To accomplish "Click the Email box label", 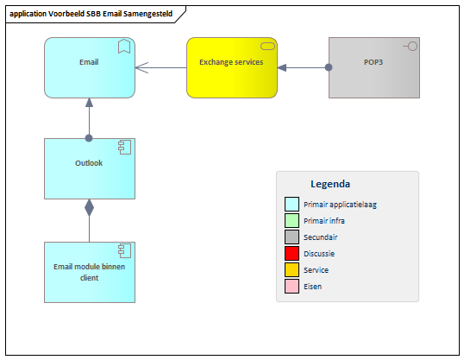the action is (89, 62).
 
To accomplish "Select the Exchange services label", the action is (231, 62).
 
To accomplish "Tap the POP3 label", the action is (373, 62).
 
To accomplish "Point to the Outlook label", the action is (89, 163).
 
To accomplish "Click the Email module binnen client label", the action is (89, 272).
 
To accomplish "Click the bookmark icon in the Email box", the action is (124, 47).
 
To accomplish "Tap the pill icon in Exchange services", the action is (267, 46).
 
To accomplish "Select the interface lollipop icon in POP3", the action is (411, 47).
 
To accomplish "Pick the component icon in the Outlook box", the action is (124, 148).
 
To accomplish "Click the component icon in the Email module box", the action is (124, 251).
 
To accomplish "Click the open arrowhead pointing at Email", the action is (141, 68).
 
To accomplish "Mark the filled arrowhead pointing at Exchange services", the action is (282, 68).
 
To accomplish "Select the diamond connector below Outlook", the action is (89, 208).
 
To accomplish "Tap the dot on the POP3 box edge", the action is (329, 67).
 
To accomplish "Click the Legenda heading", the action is (330, 184).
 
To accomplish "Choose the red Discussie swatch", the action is (292, 253).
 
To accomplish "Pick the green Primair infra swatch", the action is (292, 221).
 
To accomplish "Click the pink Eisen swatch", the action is (292, 287).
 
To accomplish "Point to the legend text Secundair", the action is (321, 237).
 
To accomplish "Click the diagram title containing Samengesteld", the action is (91, 14).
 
